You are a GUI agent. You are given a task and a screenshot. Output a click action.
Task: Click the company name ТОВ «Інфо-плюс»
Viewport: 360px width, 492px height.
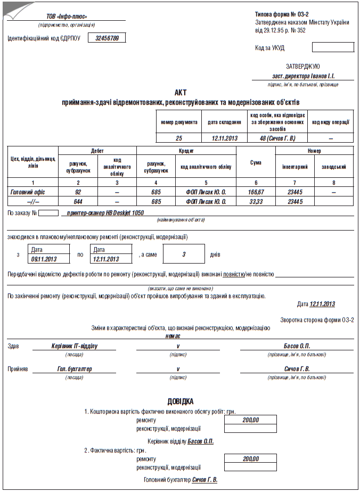pos(67,17)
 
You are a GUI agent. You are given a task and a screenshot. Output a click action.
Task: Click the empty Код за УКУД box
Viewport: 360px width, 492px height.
pos(332,47)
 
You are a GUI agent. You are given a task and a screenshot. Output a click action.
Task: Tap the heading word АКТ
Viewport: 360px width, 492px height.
pos(181,92)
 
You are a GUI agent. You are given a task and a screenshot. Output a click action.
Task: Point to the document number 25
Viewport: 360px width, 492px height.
pos(179,138)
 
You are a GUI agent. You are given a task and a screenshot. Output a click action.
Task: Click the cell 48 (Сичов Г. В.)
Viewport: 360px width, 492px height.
pos(277,138)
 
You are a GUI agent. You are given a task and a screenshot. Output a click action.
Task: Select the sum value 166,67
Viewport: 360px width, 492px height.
pos(256,191)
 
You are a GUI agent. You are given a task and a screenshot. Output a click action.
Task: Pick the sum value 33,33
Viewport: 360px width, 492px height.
pos(256,201)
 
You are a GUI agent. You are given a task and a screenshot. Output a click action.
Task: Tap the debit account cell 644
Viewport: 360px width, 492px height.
pos(78,201)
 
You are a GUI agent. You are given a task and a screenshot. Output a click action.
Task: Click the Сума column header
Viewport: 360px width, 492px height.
pos(256,162)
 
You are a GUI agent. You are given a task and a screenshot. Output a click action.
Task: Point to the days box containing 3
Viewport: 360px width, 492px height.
pos(184,254)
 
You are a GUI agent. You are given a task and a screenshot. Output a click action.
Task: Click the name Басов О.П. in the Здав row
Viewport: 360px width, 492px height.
pos(297,346)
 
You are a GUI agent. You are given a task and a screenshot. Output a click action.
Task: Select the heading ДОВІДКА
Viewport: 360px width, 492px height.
pos(181,401)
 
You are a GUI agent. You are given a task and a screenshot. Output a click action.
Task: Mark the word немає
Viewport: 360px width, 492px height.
pos(173,335)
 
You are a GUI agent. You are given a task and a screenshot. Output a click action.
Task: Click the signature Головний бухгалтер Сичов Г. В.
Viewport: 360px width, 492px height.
pos(181,480)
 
